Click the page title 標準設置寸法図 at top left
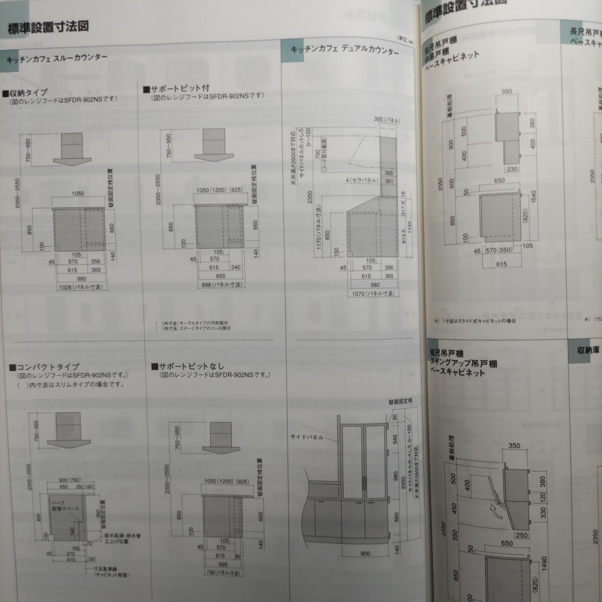click(48, 27)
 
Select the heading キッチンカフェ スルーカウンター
click(57, 58)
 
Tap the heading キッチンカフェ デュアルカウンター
click(345, 50)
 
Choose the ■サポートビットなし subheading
click(188, 366)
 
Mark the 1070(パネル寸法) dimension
click(372, 293)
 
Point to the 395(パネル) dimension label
click(387, 120)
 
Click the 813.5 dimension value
click(403, 235)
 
